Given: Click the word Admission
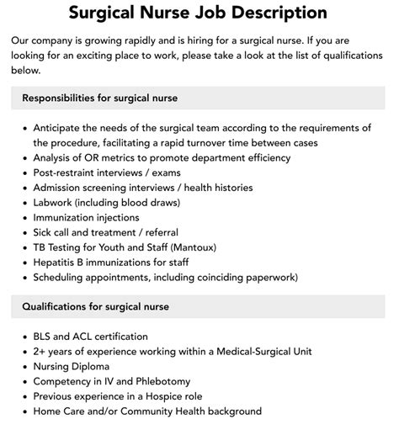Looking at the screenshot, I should [61, 188].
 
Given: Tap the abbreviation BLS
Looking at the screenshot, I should [44, 337].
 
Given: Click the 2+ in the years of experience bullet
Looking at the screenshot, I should [40, 352].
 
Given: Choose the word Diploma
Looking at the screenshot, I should [95, 367].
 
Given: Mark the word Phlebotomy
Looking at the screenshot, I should [161, 381].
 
